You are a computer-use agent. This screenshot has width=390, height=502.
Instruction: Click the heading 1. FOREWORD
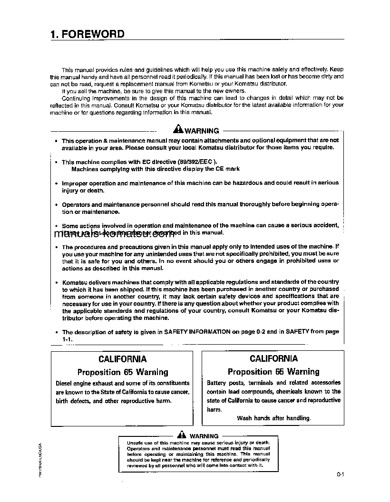[87, 34]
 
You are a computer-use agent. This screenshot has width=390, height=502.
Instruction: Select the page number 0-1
[340, 474]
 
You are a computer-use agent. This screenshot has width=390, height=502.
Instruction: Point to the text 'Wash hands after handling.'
[273, 418]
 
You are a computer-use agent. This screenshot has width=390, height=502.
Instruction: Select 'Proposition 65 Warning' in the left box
[123, 372]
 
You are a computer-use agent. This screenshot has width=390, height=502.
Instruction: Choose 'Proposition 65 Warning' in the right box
[273, 372]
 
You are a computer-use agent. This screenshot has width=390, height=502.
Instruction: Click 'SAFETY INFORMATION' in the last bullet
[197, 332]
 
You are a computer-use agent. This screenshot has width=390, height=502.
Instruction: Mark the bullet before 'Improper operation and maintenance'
[57, 183]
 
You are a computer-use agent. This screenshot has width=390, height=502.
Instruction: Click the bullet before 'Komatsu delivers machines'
[57, 282]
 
